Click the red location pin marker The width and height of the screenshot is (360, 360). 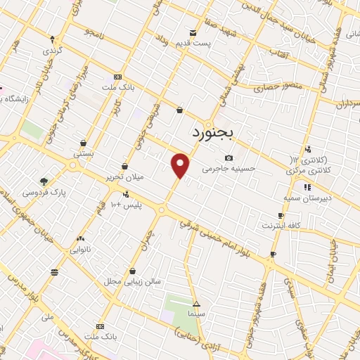pos(181,165)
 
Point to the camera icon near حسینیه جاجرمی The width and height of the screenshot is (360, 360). pos(229,157)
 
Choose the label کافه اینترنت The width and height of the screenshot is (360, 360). pos(280,226)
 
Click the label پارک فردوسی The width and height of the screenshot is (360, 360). pos(44,192)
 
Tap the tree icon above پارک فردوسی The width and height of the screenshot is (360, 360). pos(44,180)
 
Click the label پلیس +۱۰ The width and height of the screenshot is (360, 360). pos(126,204)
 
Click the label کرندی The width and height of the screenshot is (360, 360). pos(52,51)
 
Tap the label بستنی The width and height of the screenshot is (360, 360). pos(83,153)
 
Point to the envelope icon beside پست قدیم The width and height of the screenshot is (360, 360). pos(193,32)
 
